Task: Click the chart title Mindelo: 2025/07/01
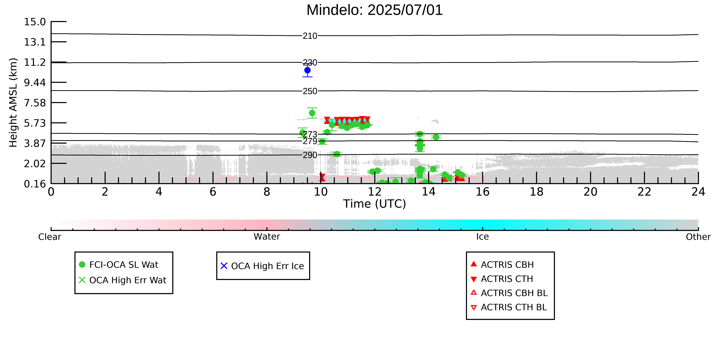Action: [375, 10]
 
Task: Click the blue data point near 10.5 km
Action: [307, 70]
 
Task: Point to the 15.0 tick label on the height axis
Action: [35, 22]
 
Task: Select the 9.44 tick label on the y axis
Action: [35, 82]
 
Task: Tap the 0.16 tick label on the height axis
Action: [35, 184]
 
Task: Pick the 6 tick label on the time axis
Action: [213, 192]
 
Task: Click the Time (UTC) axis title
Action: [375, 204]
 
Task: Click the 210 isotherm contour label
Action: [310, 36]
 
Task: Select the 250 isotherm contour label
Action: [310, 91]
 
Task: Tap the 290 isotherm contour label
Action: [310, 155]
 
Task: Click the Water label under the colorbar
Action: [267, 237]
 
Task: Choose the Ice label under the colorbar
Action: [483, 237]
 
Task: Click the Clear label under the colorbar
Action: [50, 237]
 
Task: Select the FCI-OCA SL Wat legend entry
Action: [119, 265]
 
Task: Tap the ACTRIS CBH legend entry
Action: [502, 265]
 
